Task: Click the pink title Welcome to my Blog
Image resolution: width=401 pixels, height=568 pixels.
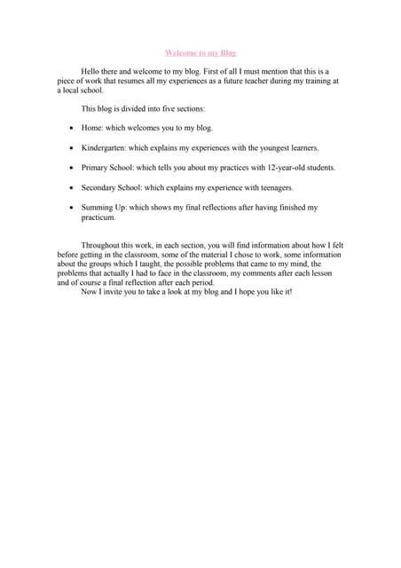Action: pyautogui.click(x=200, y=53)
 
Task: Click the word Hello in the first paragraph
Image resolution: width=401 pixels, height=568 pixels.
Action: pyautogui.click(x=91, y=70)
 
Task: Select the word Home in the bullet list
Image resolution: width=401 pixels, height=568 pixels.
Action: pyautogui.click(x=91, y=128)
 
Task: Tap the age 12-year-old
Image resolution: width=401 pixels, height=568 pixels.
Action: pyautogui.click(x=279, y=167)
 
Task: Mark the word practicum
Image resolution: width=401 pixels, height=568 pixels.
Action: pyautogui.click(x=98, y=217)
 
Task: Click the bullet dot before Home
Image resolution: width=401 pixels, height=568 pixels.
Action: pyautogui.click(x=70, y=129)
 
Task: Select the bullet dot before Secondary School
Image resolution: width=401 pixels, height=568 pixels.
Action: pyautogui.click(x=70, y=188)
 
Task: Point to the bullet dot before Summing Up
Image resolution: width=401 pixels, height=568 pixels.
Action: pyautogui.click(x=70, y=208)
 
